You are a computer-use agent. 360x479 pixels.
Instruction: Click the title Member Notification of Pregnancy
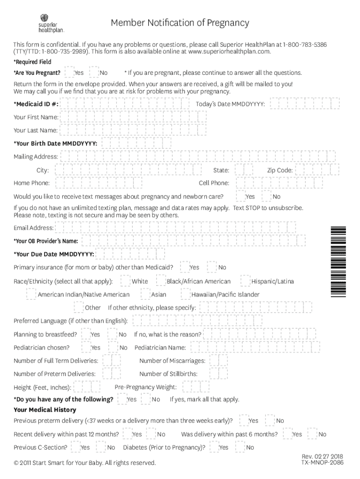[180, 23]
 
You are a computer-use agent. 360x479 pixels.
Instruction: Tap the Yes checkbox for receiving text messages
[241, 196]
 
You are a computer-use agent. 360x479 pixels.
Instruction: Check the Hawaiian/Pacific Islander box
[186, 294]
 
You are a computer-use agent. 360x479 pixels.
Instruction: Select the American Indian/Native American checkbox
[31, 294]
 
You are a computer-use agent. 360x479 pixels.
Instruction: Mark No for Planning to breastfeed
[113, 334]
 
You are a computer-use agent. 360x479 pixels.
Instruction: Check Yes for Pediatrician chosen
[86, 347]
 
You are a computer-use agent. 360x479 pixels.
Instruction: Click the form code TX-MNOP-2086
[323, 462]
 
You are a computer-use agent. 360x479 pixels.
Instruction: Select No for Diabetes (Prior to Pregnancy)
[240, 447]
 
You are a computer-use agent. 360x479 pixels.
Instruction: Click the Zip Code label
[280, 170]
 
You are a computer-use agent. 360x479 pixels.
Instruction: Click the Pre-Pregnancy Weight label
[145, 387]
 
